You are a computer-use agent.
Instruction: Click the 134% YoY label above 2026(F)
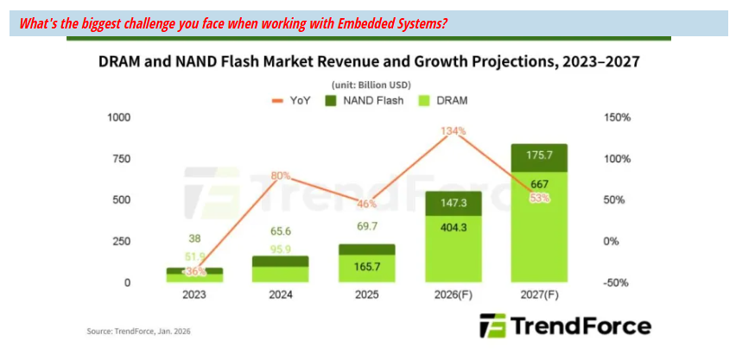tap(455, 131)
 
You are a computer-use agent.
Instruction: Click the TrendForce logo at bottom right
tap(565, 325)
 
